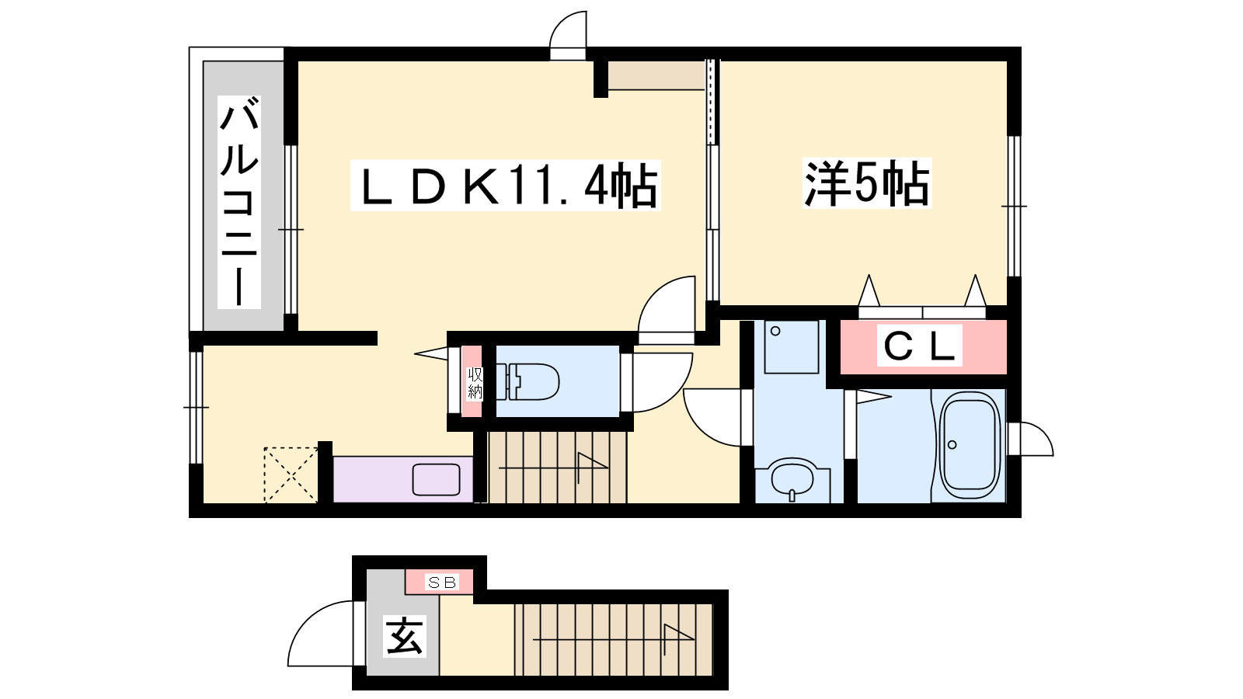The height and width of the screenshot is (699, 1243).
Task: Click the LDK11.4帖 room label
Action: tap(505, 186)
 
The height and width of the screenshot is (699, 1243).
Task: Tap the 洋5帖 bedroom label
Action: tap(866, 184)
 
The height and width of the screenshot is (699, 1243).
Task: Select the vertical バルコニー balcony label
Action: tap(239, 202)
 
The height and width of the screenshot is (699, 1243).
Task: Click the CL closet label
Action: tap(920, 346)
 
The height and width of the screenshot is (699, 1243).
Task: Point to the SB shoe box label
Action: tap(442, 582)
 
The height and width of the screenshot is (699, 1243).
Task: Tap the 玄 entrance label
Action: tap(404, 635)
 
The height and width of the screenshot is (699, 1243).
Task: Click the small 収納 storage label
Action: tap(474, 383)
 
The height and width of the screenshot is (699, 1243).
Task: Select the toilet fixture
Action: tap(532, 381)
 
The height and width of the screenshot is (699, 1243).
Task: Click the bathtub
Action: tap(969, 445)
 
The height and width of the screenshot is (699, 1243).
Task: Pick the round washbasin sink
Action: tap(792, 477)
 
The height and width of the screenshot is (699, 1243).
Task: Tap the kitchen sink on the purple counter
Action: tap(436, 479)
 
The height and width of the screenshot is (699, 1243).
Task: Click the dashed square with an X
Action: tap(291, 474)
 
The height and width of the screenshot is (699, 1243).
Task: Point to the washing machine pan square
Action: tap(791, 346)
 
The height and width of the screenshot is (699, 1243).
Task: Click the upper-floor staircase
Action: tap(557, 467)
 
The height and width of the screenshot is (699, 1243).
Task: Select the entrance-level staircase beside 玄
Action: tap(613, 638)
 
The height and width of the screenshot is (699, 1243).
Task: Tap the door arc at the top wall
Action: tap(568, 33)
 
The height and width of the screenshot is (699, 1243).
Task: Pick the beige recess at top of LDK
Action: tap(656, 75)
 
